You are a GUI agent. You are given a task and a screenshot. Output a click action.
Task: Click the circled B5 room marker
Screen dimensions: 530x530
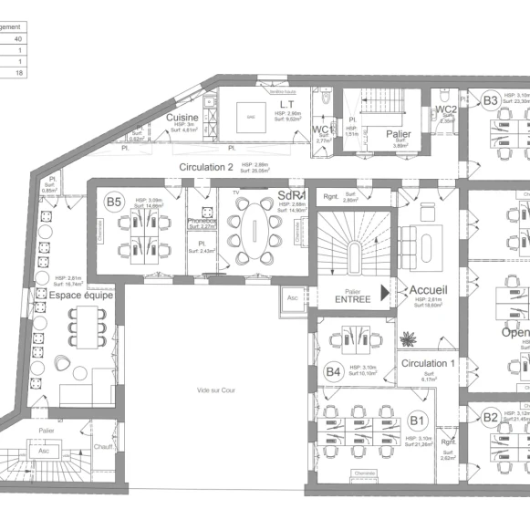[114, 202]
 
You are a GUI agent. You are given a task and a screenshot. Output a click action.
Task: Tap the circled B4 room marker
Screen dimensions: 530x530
[334, 371]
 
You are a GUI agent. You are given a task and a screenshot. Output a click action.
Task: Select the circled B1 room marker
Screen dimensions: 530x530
[418, 421]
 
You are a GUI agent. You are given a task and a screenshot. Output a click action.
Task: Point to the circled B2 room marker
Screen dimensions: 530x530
[491, 419]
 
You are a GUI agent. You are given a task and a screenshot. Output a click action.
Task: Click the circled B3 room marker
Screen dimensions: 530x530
[491, 100]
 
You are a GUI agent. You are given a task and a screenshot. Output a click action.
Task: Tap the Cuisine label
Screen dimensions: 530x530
[182, 119]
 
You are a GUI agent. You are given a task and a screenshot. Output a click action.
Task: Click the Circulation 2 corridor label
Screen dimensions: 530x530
[206, 167]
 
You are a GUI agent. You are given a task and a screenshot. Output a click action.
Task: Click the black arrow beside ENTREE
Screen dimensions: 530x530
[384, 292]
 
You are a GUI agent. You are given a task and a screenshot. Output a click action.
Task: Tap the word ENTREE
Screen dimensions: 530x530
[352, 298]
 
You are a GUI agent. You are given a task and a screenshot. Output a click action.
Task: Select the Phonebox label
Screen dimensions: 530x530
[202, 221]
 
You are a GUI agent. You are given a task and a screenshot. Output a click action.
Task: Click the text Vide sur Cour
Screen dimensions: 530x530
[215, 390]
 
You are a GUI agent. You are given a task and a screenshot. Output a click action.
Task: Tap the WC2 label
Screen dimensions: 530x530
[445, 110]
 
